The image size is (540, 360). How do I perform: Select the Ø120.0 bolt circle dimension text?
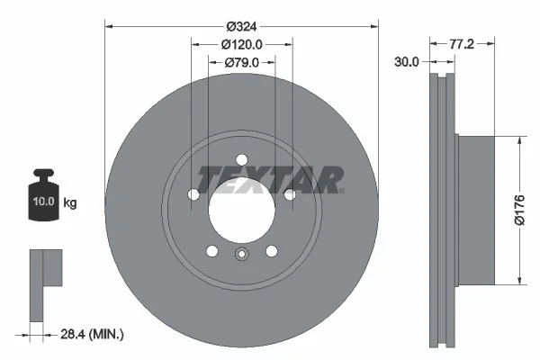pos(241,44)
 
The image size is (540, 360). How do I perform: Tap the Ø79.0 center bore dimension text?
pos(241,62)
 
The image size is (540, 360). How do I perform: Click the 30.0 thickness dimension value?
pos(407,61)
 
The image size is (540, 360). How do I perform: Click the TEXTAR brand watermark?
pos(269,179)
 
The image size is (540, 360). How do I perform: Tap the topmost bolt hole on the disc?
pos(241,159)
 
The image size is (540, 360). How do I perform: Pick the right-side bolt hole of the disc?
pos(289,194)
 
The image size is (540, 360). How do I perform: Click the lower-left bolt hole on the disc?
pos(212,251)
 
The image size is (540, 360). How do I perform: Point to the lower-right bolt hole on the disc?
pos(271,251)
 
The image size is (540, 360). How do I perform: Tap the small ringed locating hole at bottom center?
pos(241,255)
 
